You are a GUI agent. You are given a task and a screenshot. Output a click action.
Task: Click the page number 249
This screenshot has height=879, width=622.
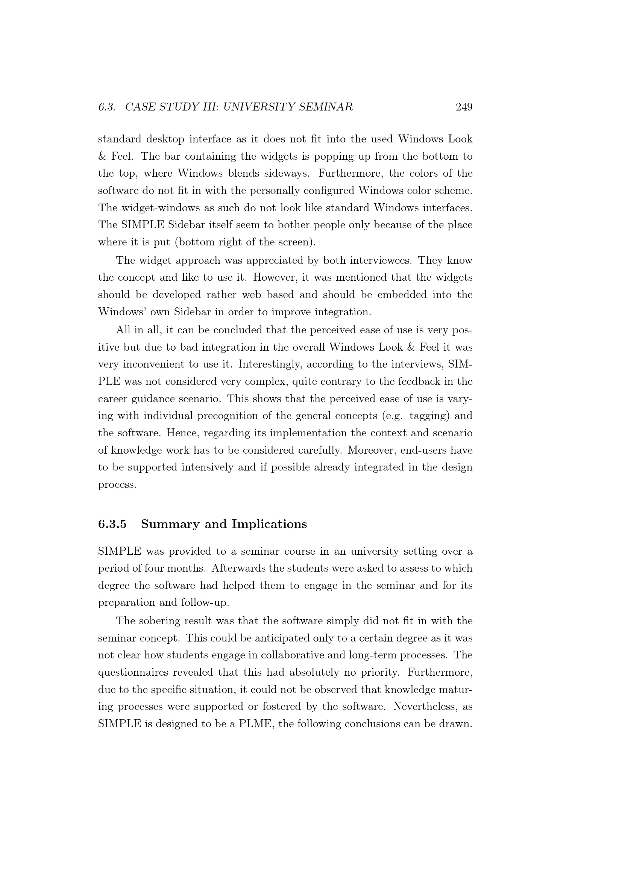(x=464, y=107)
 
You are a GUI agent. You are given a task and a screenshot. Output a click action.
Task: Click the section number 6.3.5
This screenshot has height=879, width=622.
(x=112, y=524)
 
